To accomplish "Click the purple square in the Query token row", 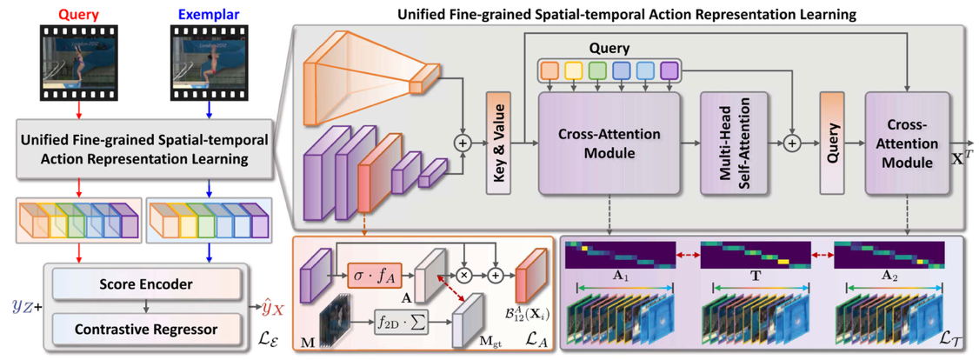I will click(669, 70).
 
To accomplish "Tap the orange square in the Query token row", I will click(549, 70).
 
